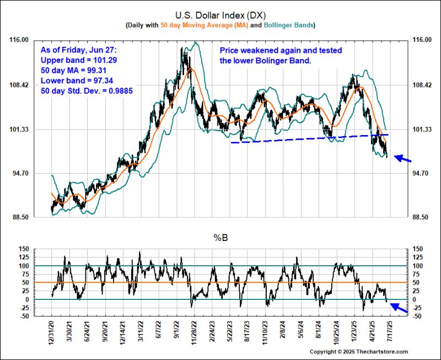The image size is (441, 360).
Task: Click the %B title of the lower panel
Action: pos(220,238)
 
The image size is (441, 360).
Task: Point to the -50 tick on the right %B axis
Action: pos(419,316)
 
